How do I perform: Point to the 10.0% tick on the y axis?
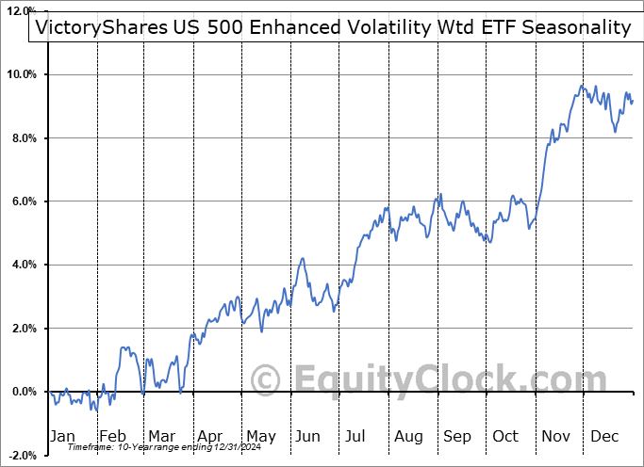point(22,74)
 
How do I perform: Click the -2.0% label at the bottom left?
point(23,455)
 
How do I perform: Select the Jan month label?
point(61,436)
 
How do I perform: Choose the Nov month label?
point(556,436)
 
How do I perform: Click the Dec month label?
point(605,436)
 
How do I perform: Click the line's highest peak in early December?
point(583,87)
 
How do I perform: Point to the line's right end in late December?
point(633,101)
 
